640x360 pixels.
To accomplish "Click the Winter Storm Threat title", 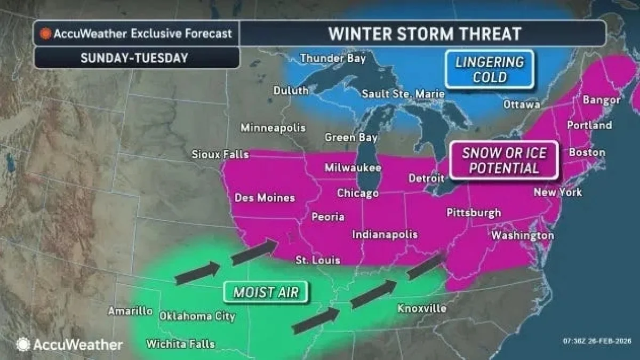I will pos(424,34).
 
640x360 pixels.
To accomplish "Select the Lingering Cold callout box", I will pos(489,69).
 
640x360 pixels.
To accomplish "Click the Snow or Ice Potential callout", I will pos(504,161).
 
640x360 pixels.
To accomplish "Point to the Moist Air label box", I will pos(265,292).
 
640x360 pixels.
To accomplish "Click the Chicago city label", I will pos(358,193).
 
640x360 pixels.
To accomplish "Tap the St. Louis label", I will pos(318,260).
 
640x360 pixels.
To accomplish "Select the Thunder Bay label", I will pos(333,58).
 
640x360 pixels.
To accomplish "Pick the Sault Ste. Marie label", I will pos(403,94).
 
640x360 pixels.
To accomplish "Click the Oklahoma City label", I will pos(197,316).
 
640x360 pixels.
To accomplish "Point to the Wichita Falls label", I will pos(180,343).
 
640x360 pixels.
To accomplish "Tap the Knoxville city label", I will pos(422,309).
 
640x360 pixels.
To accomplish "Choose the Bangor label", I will pos(602,100).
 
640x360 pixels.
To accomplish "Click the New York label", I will pos(558,192).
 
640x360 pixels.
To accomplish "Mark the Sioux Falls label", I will pos(220,155).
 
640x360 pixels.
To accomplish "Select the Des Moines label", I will pos(265,198).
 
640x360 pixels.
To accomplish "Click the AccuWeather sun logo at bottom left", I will pos(23,345).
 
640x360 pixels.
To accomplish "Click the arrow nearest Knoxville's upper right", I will pos(425,267).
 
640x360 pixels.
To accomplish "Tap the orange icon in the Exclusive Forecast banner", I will pos(46,34).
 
